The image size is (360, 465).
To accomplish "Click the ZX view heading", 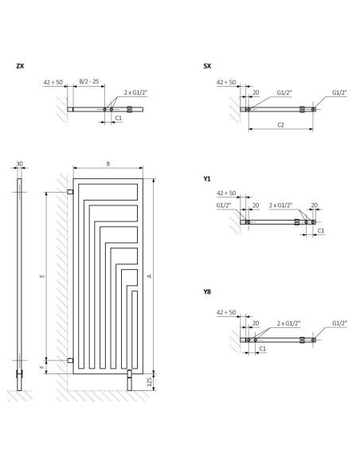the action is tap(20, 66).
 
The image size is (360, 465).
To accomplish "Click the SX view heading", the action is tap(207, 66).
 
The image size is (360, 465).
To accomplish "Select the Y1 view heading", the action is tap(207, 178).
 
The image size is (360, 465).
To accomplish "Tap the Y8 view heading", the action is tap(207, 291).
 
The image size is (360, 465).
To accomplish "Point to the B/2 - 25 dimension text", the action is tap(89, 81).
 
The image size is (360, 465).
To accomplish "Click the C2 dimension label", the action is tap(280, 125).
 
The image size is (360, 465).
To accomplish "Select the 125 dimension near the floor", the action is tap(150, 382).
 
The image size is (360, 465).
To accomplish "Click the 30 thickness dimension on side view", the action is tap(20, 164).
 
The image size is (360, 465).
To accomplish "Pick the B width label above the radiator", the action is tap(108, 164).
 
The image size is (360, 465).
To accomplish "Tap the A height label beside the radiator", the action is tap(150, 275).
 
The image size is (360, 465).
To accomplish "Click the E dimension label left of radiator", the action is tap(42, 276).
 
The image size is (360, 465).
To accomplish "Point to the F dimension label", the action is tap(42, 367).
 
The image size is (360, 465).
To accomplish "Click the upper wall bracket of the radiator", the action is tap(70, 192).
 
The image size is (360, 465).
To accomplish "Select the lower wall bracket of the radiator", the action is tap(70, 361).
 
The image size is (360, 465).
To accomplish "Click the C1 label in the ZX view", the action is tap(119, 118).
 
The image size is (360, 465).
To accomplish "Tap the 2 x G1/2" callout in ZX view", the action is tap(135, 92).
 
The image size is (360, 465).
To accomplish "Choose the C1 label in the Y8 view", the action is tap(263, 349).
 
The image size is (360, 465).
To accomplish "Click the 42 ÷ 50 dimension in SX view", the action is tap(226, 82).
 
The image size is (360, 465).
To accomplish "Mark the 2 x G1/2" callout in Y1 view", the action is tap(280, 205).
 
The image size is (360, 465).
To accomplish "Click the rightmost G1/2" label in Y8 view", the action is tap(339, 323).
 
